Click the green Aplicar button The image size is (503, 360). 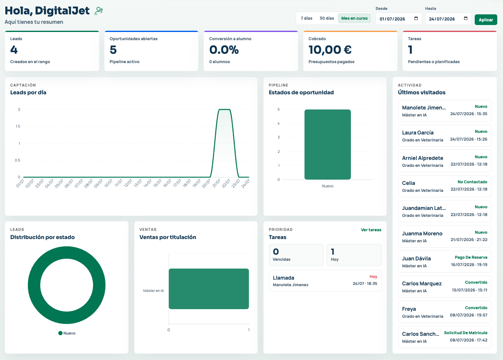click(x=486, y=20)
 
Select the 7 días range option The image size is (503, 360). click(x=306, y=18)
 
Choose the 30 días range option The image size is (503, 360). click(x=327, y=18)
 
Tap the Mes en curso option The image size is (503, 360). click(x=354, y=18)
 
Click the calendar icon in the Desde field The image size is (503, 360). click(x=416, y=18)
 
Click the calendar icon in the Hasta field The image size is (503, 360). click(x=466, y=18)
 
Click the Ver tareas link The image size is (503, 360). click(x=371, y=230)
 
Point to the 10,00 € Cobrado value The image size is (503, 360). click(x=330, y=50)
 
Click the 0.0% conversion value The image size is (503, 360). click(x=224, y=50)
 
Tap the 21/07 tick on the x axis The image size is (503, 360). click(x=216, y=183)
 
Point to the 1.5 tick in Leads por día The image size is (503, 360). click(x=18, y=126)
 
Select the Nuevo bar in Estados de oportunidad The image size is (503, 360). click(x=328, y=144)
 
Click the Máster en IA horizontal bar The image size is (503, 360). click(x=209, y=289)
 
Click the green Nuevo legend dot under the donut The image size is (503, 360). click(x=60, y=333)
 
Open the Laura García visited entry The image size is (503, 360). click(x=444, y=136)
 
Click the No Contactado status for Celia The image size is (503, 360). click(x=472, y=182)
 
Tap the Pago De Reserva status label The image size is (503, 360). click(x=471, y=257)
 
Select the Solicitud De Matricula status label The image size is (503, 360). click(x=466, y=333)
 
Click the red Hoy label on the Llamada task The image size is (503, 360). click(x=373, y=277)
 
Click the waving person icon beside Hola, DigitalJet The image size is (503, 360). click(x=98, y=11)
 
